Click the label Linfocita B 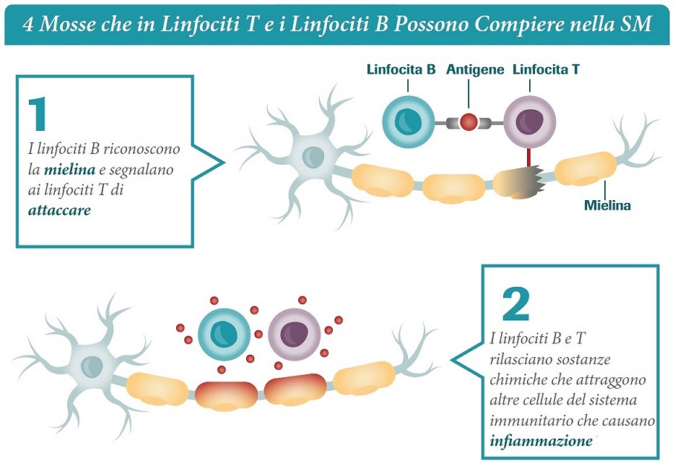(401, 70)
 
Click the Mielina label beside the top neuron (607, 205)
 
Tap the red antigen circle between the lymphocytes (469, 122)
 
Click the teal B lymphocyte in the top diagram (408, 119)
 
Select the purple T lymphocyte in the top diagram (529, 119)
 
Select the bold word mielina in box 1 (69, 171)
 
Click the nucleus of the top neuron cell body (313, 155)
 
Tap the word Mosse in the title (68, 25)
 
